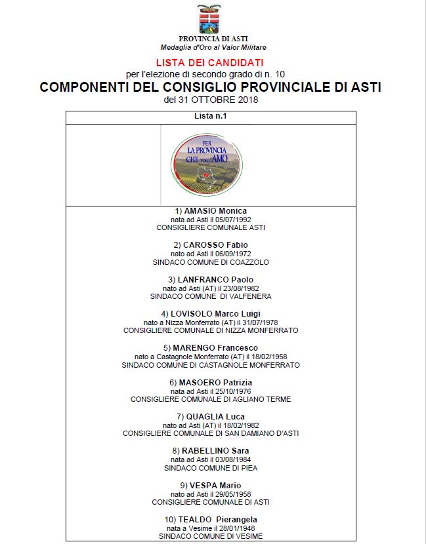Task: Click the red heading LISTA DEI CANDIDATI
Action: click(x=210, y=62)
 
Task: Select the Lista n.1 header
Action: click(x=211, y=117)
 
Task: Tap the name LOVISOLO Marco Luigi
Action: click(x=211, y=314)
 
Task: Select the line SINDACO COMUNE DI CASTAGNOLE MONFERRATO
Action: click(x=211, y=364)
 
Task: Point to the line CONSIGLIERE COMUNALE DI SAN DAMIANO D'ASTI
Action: click(x=211, y=433)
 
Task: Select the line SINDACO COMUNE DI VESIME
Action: click(x=211, y=536)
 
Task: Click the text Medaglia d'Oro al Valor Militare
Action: click(x=213, y=47)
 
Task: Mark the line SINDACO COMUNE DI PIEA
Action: click(x=211, y=468)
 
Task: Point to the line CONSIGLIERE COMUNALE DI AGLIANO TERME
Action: click(x=211, y=398)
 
